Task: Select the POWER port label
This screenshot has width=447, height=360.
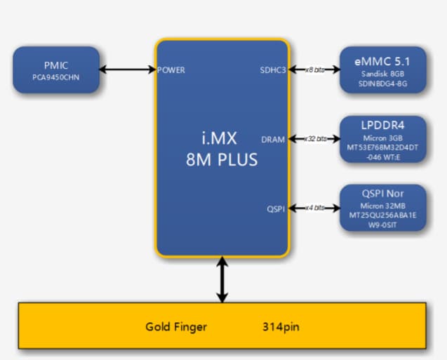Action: (171, 70)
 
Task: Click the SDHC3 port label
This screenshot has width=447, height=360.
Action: (273, 70)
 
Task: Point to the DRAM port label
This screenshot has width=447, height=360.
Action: (273, 139)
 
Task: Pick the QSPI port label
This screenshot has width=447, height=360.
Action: (276, 208)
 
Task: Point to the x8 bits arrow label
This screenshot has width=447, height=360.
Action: (314, 70)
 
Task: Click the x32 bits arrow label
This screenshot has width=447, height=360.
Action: (314, 139)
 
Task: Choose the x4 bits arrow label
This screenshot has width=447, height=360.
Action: (314, 208)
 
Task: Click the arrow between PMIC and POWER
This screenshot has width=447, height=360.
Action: (127, 69)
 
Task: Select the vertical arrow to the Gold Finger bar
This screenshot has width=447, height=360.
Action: (222, 279)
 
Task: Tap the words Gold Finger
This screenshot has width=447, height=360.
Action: (176, 327)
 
